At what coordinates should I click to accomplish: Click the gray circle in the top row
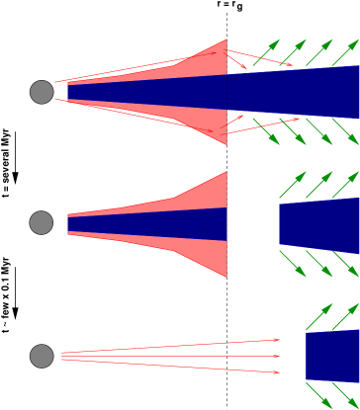pyautogui.click(x=42, y=92)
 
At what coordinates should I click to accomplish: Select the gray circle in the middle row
pyautogui.click(x=42, y=222)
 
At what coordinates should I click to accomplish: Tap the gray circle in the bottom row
pyautogui.click(x=42, y=356)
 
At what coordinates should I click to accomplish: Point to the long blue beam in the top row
pyautogui.click(x=247, y=92)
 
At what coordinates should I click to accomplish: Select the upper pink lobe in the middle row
pyautogui.click(x=203, y=195)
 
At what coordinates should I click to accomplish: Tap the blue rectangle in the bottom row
pyautogui.click(x=332, y=356)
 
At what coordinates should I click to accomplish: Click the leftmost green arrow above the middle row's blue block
pyautogui.click(x=293, y=185)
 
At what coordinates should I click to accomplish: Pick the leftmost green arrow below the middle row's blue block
pyautogui.click(x=293, y=264)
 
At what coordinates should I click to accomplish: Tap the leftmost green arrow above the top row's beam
pyautogui.click(x=266, y=53)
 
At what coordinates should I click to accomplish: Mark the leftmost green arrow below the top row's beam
pyautogui.click(x=266, y=131)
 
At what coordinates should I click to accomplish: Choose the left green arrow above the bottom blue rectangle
pyautogui.click(x=318, y=317)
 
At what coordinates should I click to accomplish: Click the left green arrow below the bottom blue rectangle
pyautogui.click(x=318, y=395)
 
